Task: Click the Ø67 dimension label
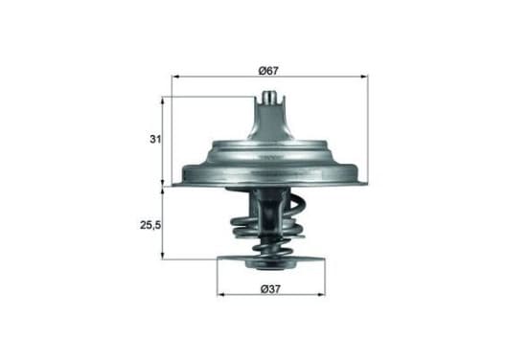[x=268, y=71]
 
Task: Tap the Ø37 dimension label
[x=270, y=289]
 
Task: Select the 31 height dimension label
[x=155, y=139]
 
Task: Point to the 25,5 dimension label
[x=150, y=225]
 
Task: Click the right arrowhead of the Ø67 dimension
[x=365, y=77]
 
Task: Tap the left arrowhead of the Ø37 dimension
[x=220, y=295]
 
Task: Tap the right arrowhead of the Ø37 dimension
[x=322, y=295]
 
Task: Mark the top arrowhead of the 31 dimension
[x=163, y=101]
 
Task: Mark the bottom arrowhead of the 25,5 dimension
[x=163, y=256]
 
